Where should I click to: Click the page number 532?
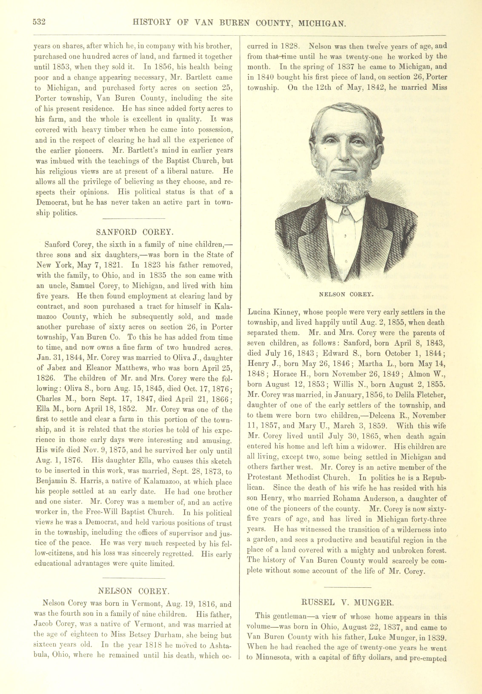click(x=39, y=22)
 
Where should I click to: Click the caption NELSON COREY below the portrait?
click(x=346, y=294)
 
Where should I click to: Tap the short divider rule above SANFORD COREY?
click(x=134, y=218)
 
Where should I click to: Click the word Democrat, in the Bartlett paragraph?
click(x=52, y=203)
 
